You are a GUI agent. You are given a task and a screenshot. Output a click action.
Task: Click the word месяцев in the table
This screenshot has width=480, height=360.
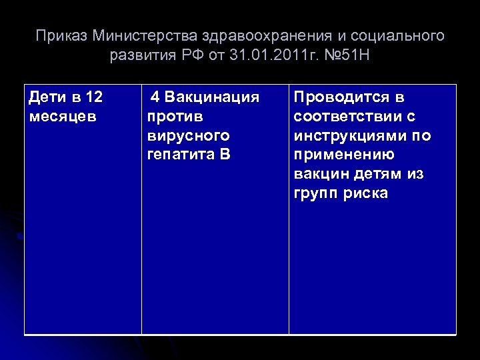click(x=63, y=117)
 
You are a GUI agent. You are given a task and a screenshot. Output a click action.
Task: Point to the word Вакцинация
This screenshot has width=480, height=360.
click(x=211, y=97)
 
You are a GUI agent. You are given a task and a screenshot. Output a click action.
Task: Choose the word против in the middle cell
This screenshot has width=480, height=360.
click(x=175, y=117)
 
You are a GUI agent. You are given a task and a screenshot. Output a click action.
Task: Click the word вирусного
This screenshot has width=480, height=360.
click(x=188, y=136)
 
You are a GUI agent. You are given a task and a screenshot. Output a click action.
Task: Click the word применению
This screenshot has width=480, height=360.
click(x=343, y=155)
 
